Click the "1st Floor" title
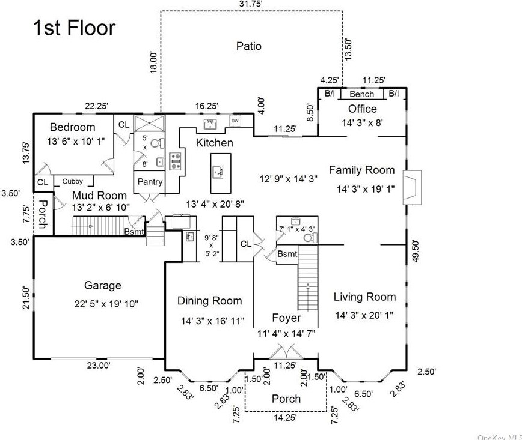[x=73, y=28]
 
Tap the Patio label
[x=248, y=46]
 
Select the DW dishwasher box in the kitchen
[x=235, y=122]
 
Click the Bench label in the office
[x=361, y=94]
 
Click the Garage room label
[x=102, y=286]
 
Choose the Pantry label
[x=150, y=182]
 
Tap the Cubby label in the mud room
[x=73, y=181]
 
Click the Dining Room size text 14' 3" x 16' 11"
[x=212, y=321]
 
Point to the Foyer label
[x=286, y=318]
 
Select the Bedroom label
[x=72, y=127]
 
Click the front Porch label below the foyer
[x=286, y=399]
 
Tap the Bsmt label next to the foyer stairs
[x=287, y=254]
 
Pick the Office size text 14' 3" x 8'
[x=363, y=123]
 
